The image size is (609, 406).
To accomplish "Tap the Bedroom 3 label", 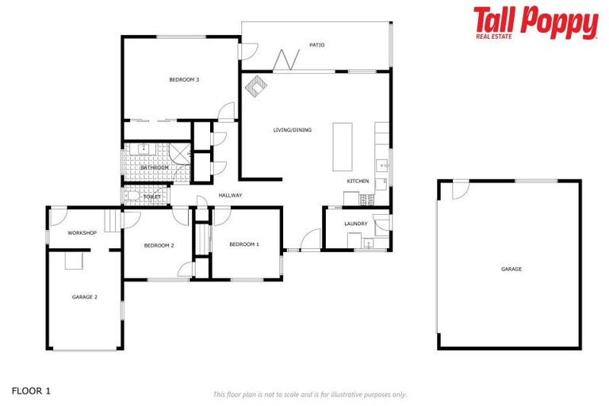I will pyautogui.click(x=184, y=79).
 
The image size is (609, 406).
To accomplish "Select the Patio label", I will pyautogui.click(x=317, y=45).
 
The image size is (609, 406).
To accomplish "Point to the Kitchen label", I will pyautogui.click(x=358, y=182).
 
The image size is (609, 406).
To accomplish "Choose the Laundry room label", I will pyautogui.click(x=356, y=224).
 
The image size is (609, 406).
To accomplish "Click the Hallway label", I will pyautogui.click(x=230, y=195).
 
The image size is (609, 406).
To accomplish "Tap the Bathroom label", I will pyautogui.click(x=155, y=167).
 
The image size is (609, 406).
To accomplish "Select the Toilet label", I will pyautogui.click(x=152, y=197).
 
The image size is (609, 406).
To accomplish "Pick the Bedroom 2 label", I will pyautogui.click(x=159, y=246).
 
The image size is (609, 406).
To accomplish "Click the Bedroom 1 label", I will pyautogui.click(x=244, y=244).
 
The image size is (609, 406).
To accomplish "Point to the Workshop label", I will pyautogui.click(x=82, y=232).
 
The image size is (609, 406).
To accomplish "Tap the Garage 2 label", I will pyautogui.click(x=84, y=297).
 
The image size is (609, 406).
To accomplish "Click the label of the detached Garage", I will pyautogui.click(x=511, y=269).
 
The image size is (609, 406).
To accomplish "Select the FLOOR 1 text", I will pyautogui.click(x=32, y=391).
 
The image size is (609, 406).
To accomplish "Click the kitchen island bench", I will pyautogui.click(x=343, y=146).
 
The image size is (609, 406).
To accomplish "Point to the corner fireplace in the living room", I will pyautogui.click(x=255, y=84).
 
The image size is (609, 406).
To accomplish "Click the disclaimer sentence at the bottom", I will pyautogui.click(x=309, y=394).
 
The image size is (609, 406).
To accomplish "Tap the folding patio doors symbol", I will pyautogui.click(x=286, y=59).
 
